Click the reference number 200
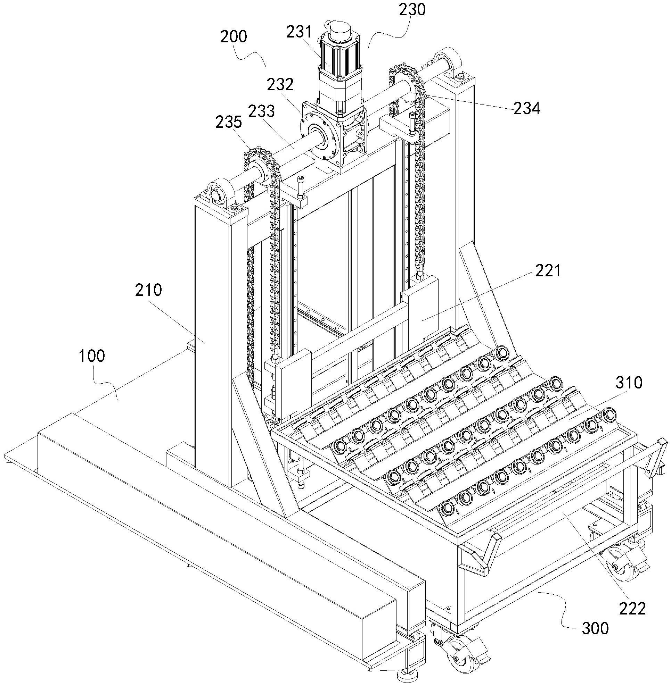tap(234, 36)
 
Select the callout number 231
tap(299, 32)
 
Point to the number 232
tap(280, 84)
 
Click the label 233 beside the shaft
tap(261, 111)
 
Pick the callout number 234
tap(526, 109)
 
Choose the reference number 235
tap(229, 122)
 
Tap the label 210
tap(149, 290)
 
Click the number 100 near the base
tap(92, 356)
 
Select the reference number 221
tap(548, 271)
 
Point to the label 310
tap(629, 383)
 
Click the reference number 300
tap(595, 628)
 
